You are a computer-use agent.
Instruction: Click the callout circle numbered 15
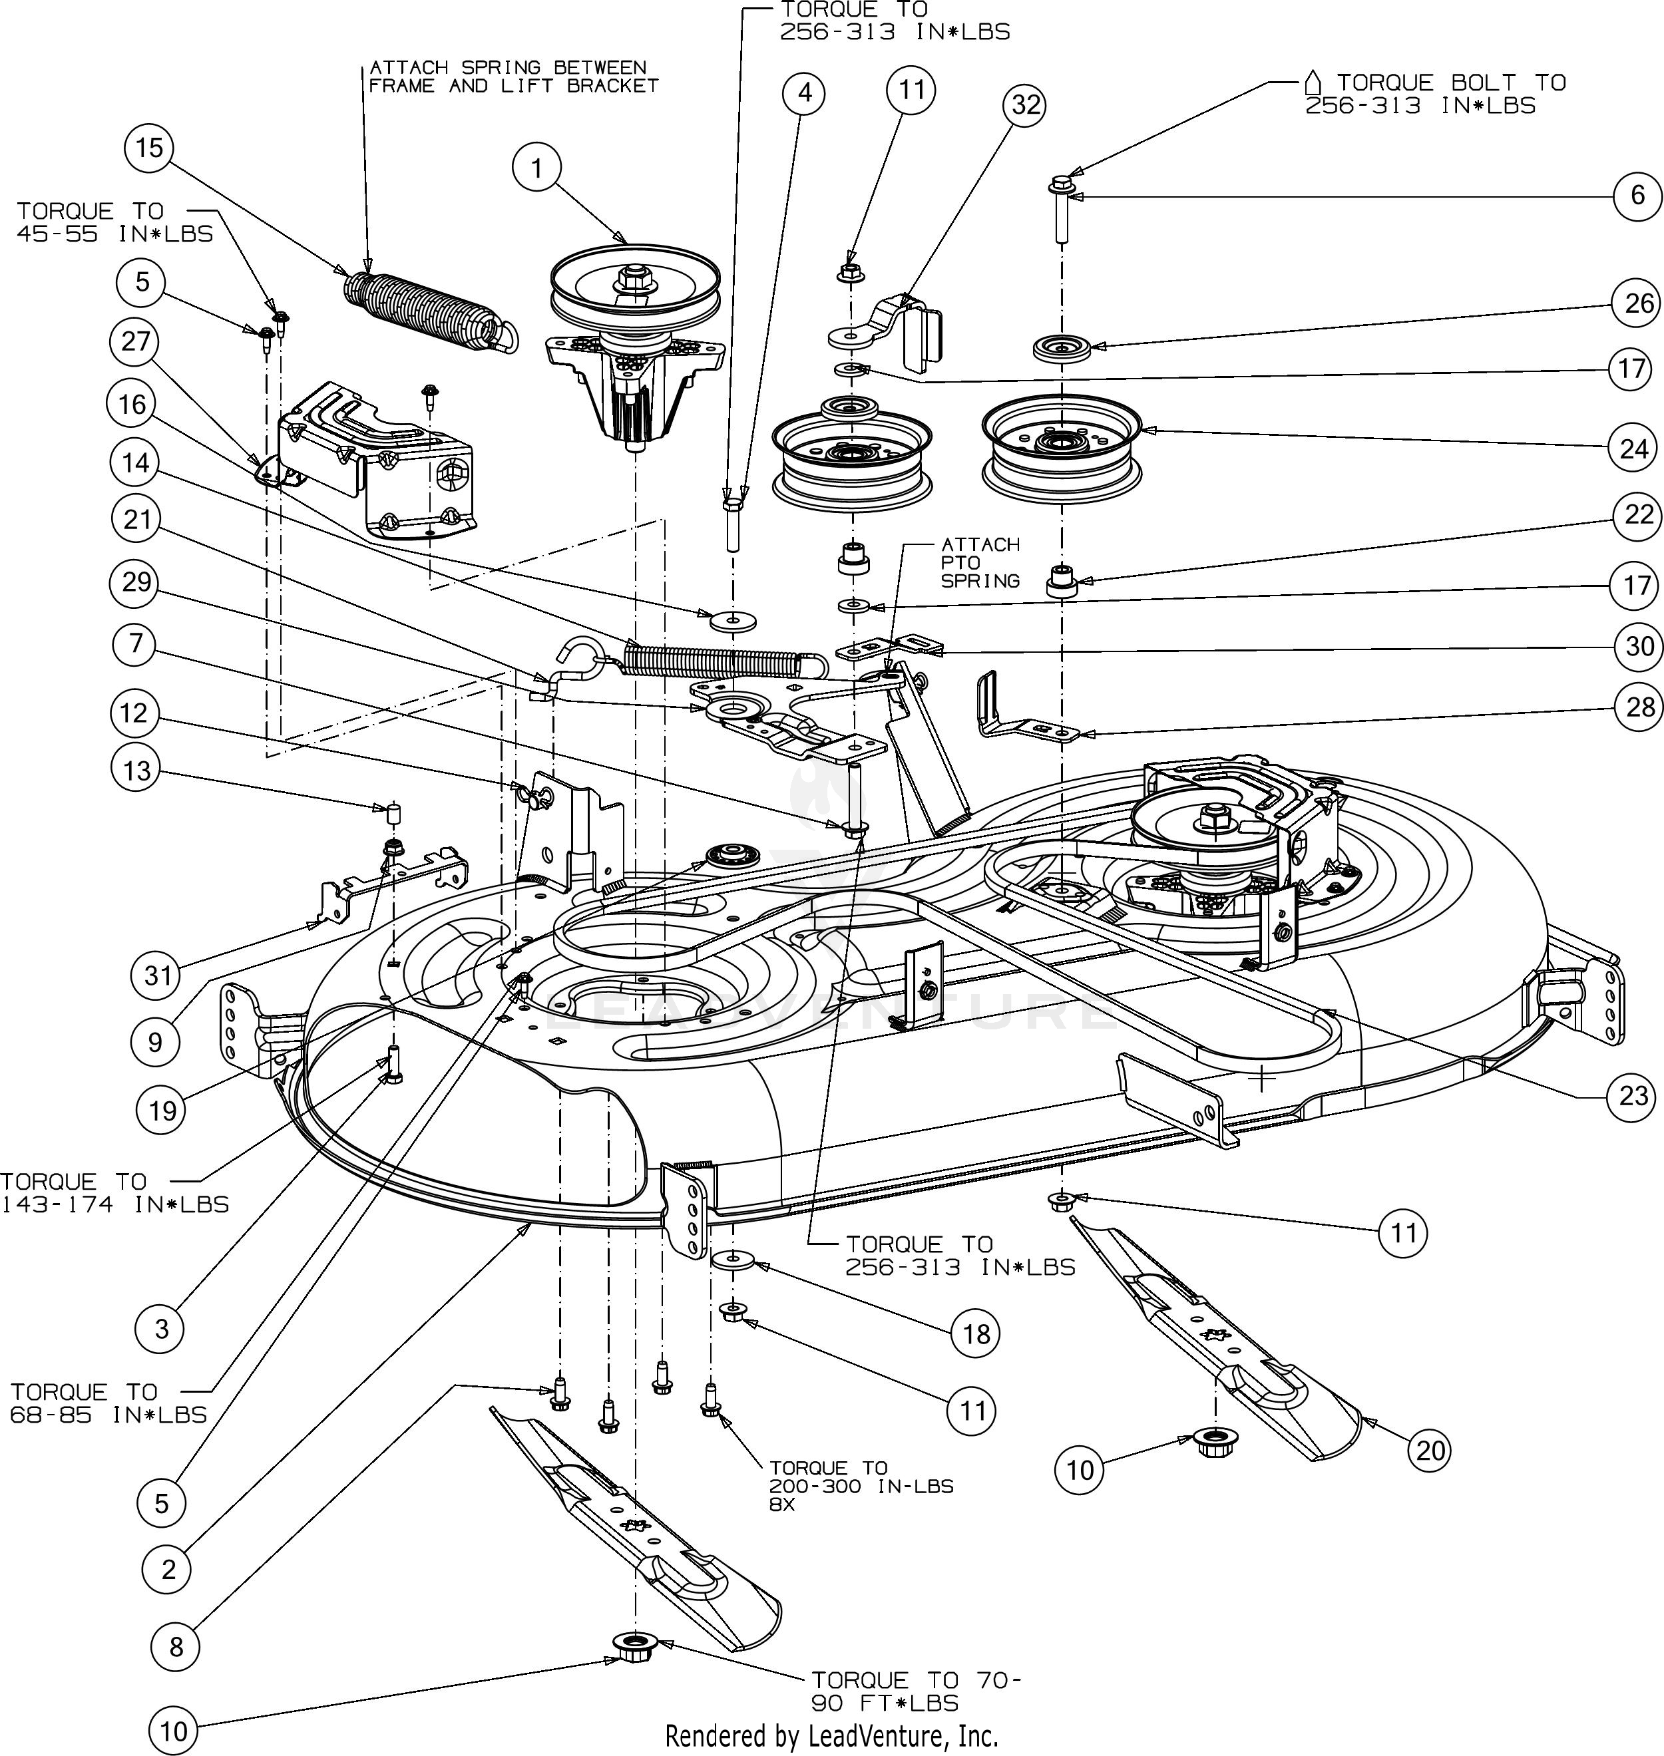click(x=149, y=147)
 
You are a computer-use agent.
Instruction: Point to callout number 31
click(x=157, y=975)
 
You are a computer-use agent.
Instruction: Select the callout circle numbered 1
click(x=536, y=168)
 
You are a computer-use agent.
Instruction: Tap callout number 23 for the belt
click(x=1633, y=1095)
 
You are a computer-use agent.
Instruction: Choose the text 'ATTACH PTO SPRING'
click(x=980, y=562)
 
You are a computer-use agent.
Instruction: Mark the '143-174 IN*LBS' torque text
click(x=115, y=1204)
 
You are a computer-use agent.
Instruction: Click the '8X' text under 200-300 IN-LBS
click(x=782, y=1505)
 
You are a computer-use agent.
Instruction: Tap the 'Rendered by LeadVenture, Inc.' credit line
click(x=832, y=1735)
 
